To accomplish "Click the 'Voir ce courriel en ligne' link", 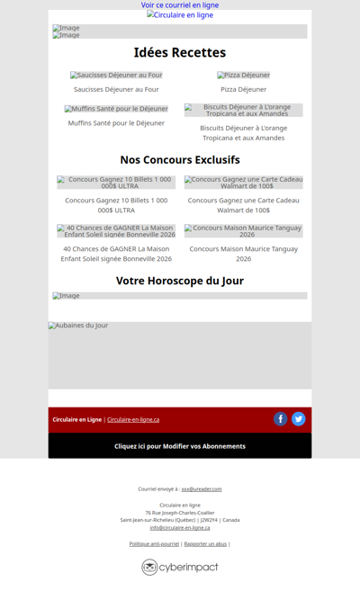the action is click(x=180, y=5).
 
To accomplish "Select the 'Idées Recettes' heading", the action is click(x=180, y=52).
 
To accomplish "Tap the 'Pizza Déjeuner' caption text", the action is click(x=243, y=89).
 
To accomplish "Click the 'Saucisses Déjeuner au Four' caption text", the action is click(x=116, y=89).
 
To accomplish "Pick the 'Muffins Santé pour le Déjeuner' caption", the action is click(x=116, y=122).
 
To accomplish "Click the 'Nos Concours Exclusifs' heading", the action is click(x=180, y=159).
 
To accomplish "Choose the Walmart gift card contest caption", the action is click(x=243, y=205).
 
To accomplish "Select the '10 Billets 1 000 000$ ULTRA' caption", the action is click(x=116, y=205).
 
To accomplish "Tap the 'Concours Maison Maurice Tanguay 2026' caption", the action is click(x=243, y=254).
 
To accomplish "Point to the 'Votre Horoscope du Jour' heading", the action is click(x=180, y=281).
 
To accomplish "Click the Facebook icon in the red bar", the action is click(x=280, y=419).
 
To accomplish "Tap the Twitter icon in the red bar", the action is click(x=298, y=419).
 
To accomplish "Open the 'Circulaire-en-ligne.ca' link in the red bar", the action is click(x=133, y=419).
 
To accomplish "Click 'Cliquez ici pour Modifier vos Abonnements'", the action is click(x=180, y=446).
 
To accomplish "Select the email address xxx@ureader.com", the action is click(x=202, y=489).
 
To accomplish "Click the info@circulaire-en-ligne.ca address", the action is click(x=180, y=527).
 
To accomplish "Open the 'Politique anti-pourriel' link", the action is click(x=154, y=543).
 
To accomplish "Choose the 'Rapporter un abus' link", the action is click(x=205, y=543).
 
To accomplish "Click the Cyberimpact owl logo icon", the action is click(x=149, y=567).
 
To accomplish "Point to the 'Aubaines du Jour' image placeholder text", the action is click(x=78, y=326).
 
